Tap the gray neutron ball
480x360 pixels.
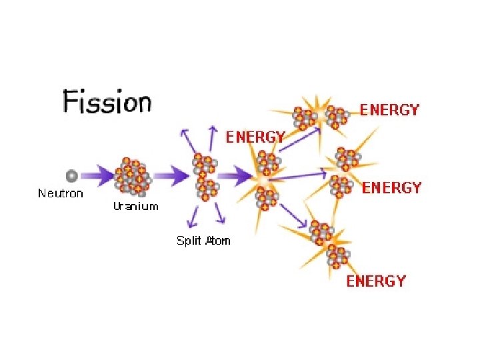71,176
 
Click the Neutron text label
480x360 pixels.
61,193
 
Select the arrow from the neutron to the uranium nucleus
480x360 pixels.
96,177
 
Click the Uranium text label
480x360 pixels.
135,206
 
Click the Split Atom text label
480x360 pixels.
203,241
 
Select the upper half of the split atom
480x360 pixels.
204,163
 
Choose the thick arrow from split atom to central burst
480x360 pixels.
233,177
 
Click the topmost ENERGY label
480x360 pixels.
389,110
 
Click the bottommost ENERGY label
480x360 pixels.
375,281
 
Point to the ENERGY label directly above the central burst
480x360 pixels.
255,137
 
